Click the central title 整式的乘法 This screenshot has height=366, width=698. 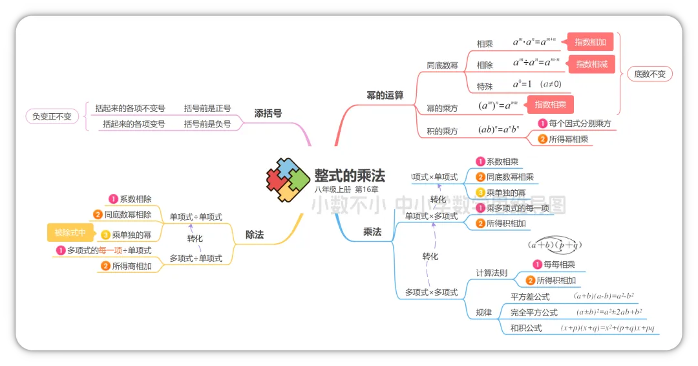[349, 175]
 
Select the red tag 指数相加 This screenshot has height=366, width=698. [590, 43]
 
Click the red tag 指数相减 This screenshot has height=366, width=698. [591, 64]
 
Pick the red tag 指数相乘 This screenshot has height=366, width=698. [550, 104]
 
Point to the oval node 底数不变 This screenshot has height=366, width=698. [650, 74]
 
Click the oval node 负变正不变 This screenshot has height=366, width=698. [52, 116]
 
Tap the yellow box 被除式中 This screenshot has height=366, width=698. [70, 232]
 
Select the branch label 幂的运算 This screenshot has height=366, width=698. [385, 95]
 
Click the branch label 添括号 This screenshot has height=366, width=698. [268, 113]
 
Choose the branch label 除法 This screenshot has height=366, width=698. [255, 235]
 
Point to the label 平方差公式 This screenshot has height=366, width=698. [530, 297]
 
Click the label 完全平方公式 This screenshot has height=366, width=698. [534, 312]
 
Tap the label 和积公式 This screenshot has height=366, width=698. [526, 328]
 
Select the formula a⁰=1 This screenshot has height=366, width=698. [522, 85]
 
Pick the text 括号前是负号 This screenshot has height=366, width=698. [207, 124]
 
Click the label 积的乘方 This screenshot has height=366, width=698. [442, 131]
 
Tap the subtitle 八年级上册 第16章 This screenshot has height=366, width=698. [346, 189]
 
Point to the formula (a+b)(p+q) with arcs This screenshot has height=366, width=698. [555, 244]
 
